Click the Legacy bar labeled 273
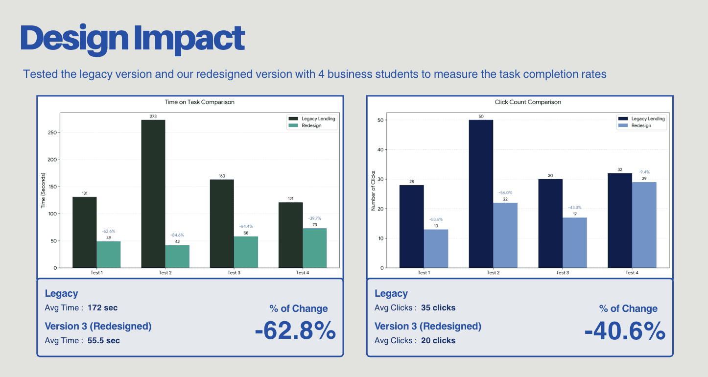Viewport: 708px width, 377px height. [x=153, y=194]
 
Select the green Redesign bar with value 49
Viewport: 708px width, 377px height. [x=109, y=255]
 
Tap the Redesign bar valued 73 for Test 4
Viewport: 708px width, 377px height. [x=314, y=248]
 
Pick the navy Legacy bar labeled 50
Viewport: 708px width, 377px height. [x=481, y=194]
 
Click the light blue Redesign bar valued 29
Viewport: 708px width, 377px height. [x=644, y=225]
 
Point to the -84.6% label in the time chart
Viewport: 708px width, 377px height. [x=177, y=235]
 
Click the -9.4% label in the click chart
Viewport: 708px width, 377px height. [x=644, y=172]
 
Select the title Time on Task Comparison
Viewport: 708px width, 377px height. [x=199, y=102]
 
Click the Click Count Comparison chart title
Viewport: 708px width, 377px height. [x=528, y=102]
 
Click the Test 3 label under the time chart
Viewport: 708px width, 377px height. [x=234, y=273]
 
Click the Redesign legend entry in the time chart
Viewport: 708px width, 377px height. [x=312, y=125]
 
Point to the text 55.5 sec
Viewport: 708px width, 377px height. [x=104, y=340]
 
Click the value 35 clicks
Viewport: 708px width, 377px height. [x=438, y=308]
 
